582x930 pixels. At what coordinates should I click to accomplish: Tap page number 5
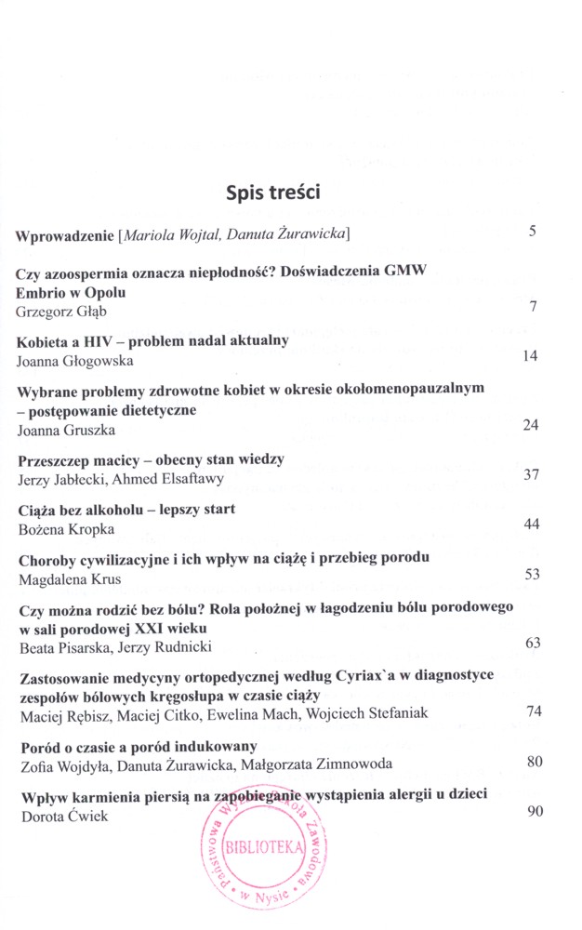click(533, 231)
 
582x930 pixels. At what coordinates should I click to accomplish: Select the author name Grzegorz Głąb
click(63, 311)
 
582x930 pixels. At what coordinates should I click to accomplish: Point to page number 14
click(532, 355)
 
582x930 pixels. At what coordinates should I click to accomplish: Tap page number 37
click(532, 474)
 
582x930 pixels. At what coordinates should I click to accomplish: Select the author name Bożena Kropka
click(63, 527)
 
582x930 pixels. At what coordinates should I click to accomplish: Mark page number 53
click(532, 573)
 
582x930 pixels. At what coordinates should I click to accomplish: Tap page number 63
click(532, 642)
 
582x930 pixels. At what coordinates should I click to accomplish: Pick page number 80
click(534, 762)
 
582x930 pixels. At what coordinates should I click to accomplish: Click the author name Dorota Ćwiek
click(59, 815)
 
